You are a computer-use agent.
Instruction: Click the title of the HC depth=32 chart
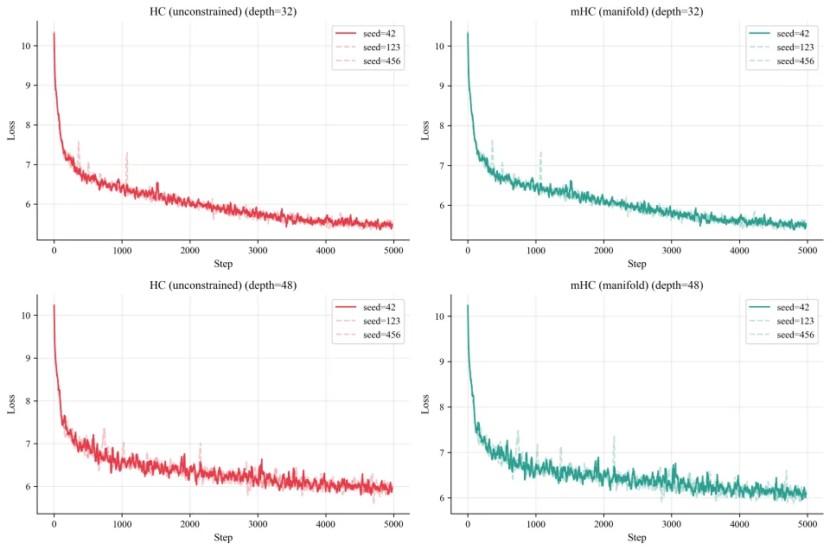[x=223, y=10]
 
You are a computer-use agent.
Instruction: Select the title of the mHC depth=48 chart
[x=637, y=285]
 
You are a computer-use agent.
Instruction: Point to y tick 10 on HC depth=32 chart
[x=27, y=46]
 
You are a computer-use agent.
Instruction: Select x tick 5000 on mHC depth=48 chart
[x=807, y=524]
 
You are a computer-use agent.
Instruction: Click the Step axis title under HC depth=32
[x=223, y=264]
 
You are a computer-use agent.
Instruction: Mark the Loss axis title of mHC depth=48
[x=425, y=405]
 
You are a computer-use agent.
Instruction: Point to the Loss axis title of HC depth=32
[x=11, y=130]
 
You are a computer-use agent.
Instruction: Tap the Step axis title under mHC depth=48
[x=637, y=538]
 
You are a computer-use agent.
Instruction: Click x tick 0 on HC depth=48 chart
[x=54, y=524]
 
